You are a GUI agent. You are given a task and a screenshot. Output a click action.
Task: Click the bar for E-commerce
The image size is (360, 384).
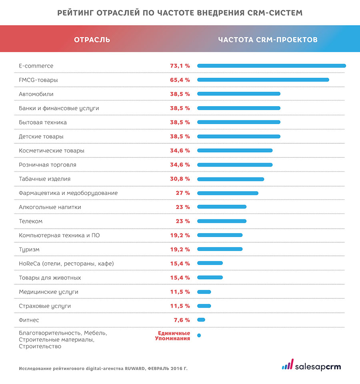pyautogui.click(x=271, y=66)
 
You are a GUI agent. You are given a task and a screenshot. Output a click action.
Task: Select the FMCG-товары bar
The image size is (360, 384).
pyautogui.click(x=263, y=80)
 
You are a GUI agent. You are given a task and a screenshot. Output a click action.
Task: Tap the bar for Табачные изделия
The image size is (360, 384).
pyautogui.click(x=230, y=179)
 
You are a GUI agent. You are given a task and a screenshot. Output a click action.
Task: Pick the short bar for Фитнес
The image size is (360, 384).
pyautogui.click(x=201, y=320)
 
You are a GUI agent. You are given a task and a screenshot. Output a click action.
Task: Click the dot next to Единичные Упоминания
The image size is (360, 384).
pyautogui.click(x=199, y=335)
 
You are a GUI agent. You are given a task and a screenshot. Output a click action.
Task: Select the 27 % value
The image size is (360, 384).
pyautogui.click(x=183, y=193)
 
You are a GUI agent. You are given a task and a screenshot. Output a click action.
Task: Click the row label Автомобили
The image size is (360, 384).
pyautogui.click(x=36, y=94)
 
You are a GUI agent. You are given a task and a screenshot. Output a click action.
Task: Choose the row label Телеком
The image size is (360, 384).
pyautogui.click(x=30, y=221)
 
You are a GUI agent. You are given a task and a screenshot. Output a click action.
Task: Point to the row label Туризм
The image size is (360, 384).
pyautogui.click(x=29, y=249)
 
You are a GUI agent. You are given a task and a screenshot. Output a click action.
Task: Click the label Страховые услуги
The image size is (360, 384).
pyautogui.click(x=45, y=306)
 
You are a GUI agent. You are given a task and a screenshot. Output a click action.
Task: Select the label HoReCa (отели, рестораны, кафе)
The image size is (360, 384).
pyautogui.click(x=66, y=263)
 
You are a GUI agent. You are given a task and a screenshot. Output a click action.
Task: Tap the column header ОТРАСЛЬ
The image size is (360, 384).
pyautogui.click(x=92, y=40)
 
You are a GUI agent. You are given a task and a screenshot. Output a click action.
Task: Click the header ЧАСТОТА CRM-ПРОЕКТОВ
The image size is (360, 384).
pyautogui.click(x=268, y=40)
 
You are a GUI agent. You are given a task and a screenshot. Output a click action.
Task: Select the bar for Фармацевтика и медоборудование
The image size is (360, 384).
pyautogui.click(x=228, y=193)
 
